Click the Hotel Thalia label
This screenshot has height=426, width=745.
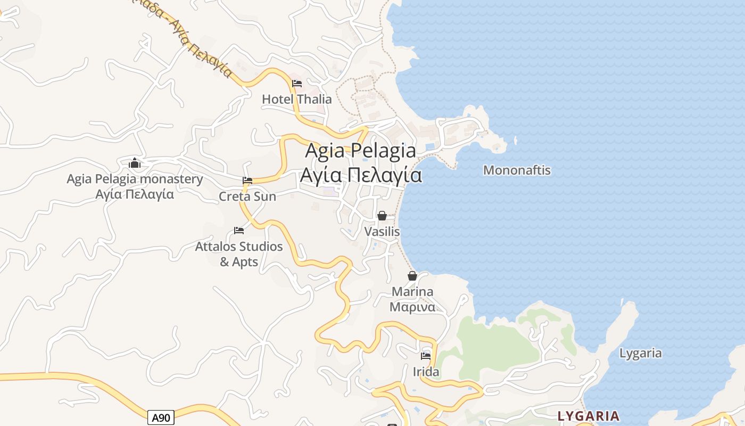(296, 99)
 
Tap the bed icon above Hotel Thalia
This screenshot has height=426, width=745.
(297, 84)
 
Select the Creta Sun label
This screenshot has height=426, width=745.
(247, 196)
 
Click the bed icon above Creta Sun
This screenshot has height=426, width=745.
(247, 181)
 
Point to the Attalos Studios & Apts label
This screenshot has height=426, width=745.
(239, 254)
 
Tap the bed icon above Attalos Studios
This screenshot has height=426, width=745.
(239, 231)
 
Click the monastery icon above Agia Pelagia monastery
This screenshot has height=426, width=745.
(135, 163)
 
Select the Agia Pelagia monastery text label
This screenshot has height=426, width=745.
(135, 179)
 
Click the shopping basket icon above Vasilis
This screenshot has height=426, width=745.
(382, 216)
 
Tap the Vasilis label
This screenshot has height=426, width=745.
(382, 232)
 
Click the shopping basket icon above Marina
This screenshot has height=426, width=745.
(412, 276)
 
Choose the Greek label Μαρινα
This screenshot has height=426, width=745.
(412, 307)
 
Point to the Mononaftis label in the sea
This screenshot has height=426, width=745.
(517, 170)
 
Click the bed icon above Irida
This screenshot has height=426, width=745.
(426, 356)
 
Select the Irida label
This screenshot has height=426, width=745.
(426, 372)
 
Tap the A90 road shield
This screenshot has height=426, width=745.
(161, 418)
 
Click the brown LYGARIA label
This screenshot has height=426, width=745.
(589, 416)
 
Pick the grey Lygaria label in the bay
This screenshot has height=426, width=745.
(641, 353)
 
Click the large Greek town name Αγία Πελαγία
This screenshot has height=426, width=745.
(361, 175)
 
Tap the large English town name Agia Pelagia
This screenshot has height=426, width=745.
(361, 151)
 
